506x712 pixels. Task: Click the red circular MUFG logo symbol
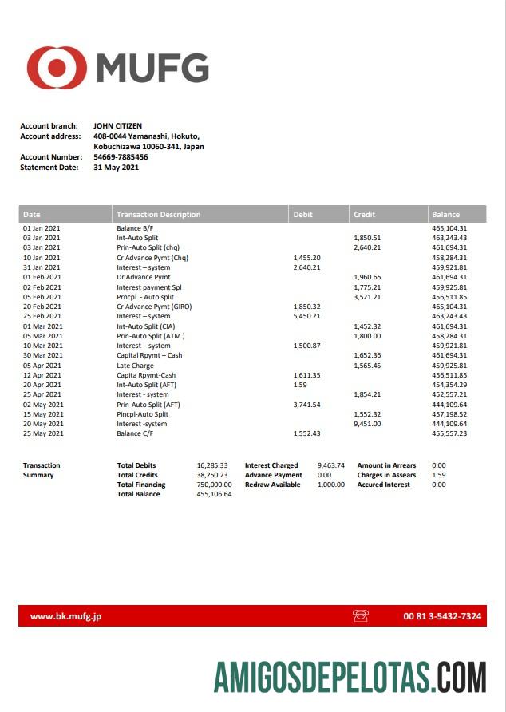57,68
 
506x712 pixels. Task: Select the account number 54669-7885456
121,157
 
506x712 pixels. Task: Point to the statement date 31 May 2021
117,168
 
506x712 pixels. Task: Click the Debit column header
303,215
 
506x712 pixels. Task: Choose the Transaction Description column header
159,215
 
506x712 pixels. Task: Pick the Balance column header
445,215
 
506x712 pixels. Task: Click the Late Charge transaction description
136,365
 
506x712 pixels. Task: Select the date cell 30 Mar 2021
42,355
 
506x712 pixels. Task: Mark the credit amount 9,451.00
367,424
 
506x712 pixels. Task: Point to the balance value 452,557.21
449,394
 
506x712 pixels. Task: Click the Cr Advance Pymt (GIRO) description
154,307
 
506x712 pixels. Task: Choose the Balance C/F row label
136,433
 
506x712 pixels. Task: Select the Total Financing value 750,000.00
214,485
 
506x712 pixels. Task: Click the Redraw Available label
272,485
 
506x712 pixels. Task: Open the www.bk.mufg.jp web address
65,616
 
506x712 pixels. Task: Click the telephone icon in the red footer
360,616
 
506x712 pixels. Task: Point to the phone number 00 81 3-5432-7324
442,616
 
